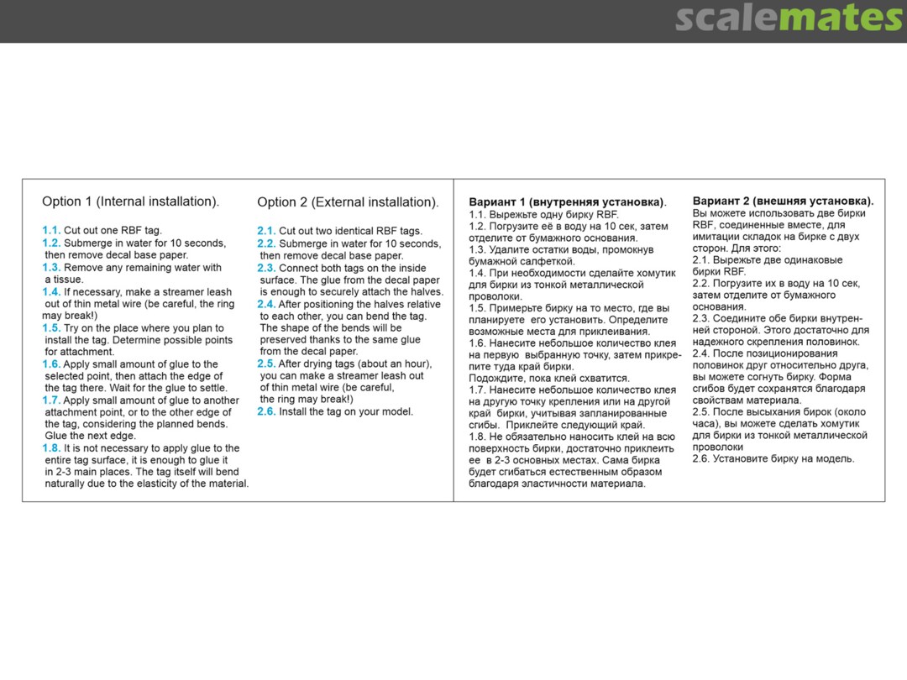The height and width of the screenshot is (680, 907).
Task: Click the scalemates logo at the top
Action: (789, 18)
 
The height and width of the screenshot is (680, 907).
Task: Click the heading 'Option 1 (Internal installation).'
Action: (130, 201)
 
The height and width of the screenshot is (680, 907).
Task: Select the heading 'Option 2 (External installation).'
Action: (348, 202)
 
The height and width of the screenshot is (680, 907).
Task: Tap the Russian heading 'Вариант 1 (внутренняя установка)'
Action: (566, 202)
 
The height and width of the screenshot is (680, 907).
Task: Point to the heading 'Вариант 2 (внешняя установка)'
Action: (783, 201)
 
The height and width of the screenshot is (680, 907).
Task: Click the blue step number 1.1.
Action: (51, 230)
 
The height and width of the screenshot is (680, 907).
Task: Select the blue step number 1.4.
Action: (51, 292)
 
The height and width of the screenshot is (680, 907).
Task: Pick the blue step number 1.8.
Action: (51, 448)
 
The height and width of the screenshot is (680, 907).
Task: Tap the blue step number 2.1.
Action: (266, 231)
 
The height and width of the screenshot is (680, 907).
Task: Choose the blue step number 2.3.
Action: (266, 268)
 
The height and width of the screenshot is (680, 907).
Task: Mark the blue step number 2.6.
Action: (266, 411)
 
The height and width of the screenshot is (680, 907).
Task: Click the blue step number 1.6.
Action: (51, 364)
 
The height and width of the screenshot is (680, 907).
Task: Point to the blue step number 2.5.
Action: (266, 364)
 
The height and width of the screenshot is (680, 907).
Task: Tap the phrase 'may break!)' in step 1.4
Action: (68, 316)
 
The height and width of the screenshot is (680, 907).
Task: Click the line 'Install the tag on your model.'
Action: (346, 411)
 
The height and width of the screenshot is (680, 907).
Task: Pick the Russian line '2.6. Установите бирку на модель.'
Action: (773, 458)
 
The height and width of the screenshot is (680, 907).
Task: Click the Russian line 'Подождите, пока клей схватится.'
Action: (548, 379)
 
